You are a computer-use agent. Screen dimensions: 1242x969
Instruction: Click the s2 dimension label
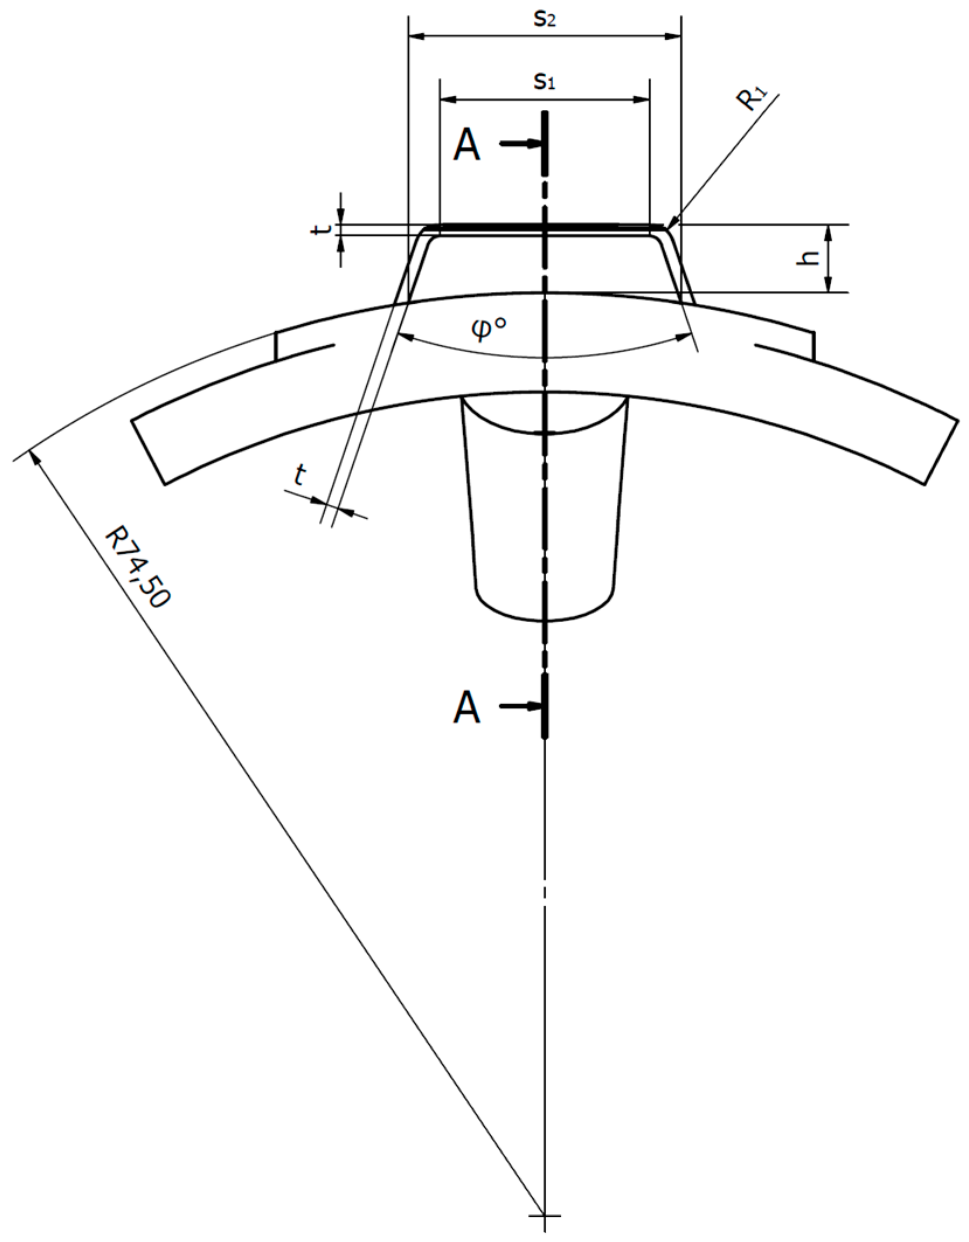[x=544, y=20]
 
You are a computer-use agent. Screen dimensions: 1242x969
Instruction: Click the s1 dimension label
[x=544, y=82]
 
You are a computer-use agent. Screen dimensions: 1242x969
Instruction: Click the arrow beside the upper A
[x=520, y=143]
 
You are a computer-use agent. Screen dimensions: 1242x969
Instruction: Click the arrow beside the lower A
[x=520, y=706]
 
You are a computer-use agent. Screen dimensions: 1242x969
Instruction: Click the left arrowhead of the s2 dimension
[x=415, y=37]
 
